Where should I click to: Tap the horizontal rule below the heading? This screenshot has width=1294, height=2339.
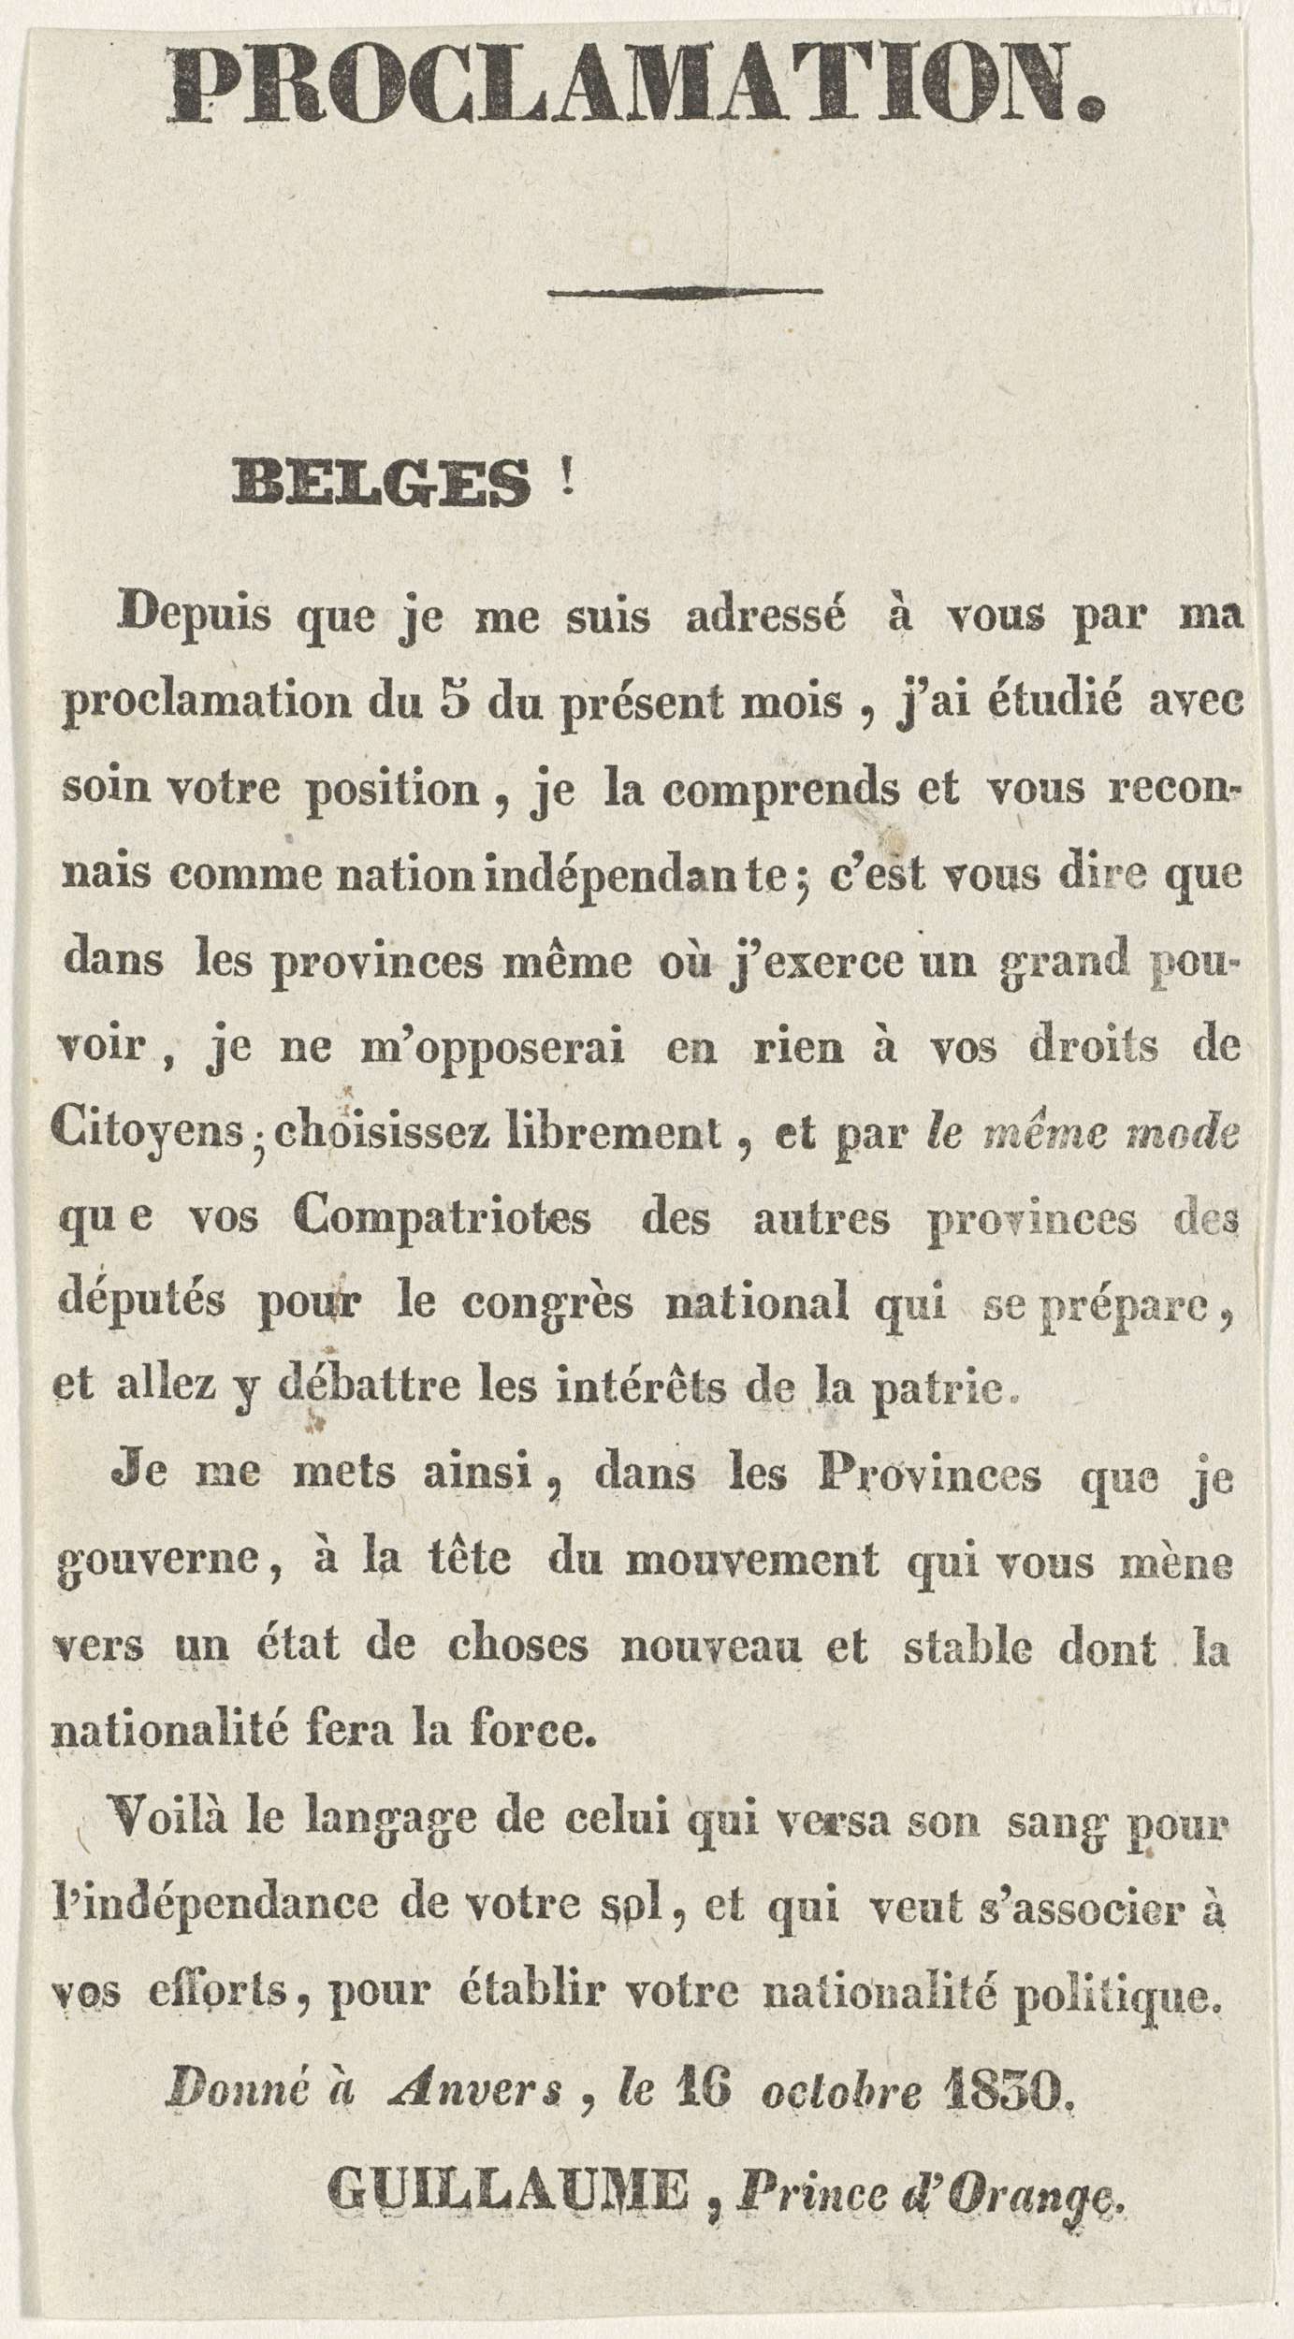[686, 292]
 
